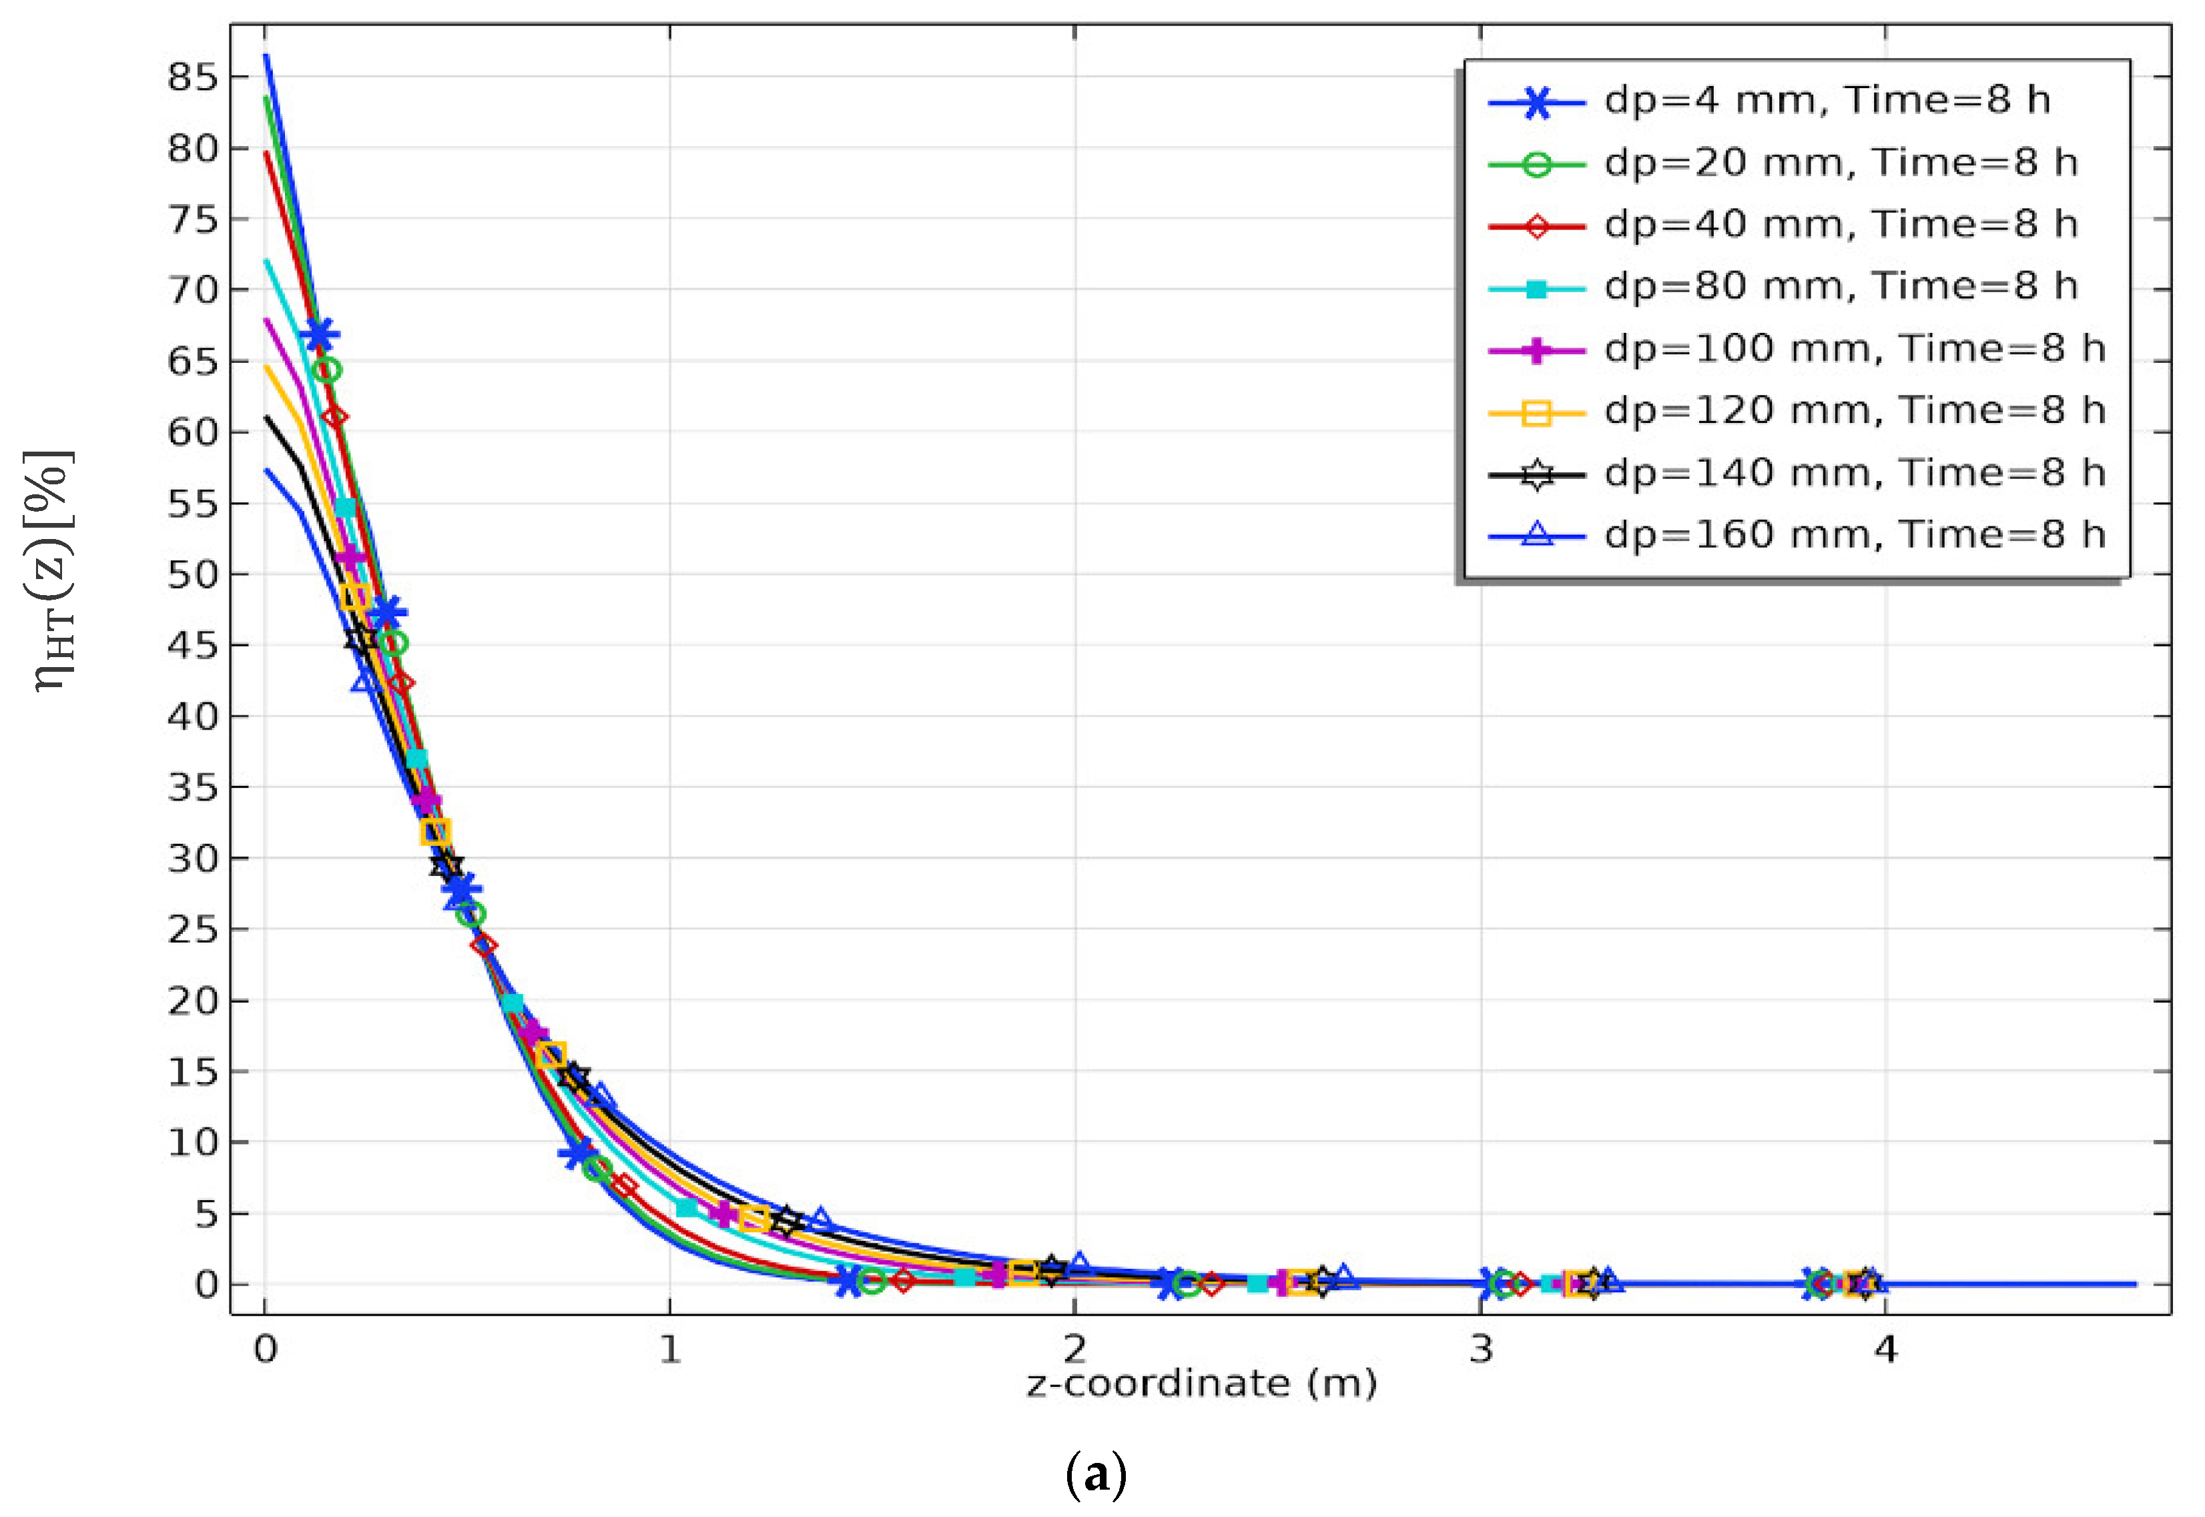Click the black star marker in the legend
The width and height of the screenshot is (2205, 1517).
tap(1536, 474)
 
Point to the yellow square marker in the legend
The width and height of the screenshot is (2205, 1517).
tap(1536, 412)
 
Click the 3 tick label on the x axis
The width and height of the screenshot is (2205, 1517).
tap(1480, 1350)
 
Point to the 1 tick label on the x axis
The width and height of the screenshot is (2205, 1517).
tap(670, 1350)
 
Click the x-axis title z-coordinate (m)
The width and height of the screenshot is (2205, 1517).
tap(1201, 1384)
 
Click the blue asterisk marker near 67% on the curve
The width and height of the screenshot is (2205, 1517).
tap(320, 335)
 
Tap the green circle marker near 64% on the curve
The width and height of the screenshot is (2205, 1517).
tap(327, 370)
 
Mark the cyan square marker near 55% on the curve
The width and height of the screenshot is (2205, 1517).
tap(345, 508)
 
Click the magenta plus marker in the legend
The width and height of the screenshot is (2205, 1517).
tap(1536, 350)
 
